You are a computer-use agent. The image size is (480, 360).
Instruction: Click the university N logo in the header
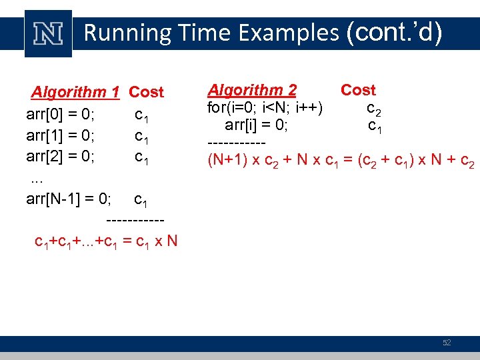coord(48,33)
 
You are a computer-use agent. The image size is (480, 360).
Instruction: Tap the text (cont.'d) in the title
coord(394,31)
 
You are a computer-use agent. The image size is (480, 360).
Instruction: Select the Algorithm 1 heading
coord(75,92)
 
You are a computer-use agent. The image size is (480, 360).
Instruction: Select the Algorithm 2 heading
coord(252,90)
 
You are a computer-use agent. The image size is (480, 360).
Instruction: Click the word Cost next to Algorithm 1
coord(146,92)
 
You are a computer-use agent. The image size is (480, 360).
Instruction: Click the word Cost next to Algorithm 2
coord(358,90)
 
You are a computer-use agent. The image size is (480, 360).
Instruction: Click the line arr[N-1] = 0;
coord(69,199)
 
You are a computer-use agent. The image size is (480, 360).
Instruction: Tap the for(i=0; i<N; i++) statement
coord(265,108)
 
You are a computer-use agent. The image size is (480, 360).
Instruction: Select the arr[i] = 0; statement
coord(256,125)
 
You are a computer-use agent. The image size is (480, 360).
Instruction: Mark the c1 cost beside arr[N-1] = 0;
coord(141,199)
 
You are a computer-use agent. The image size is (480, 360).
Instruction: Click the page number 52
coord(447,343)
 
